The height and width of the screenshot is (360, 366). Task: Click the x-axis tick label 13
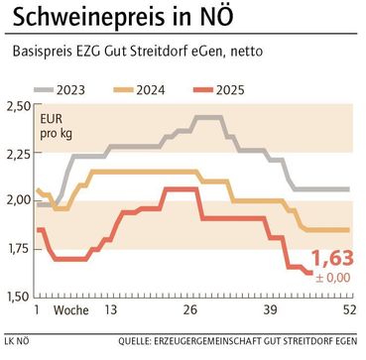click(112, 310)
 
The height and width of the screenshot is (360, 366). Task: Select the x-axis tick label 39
click(271, 310)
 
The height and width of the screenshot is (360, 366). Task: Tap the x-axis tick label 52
click(348, 310)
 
